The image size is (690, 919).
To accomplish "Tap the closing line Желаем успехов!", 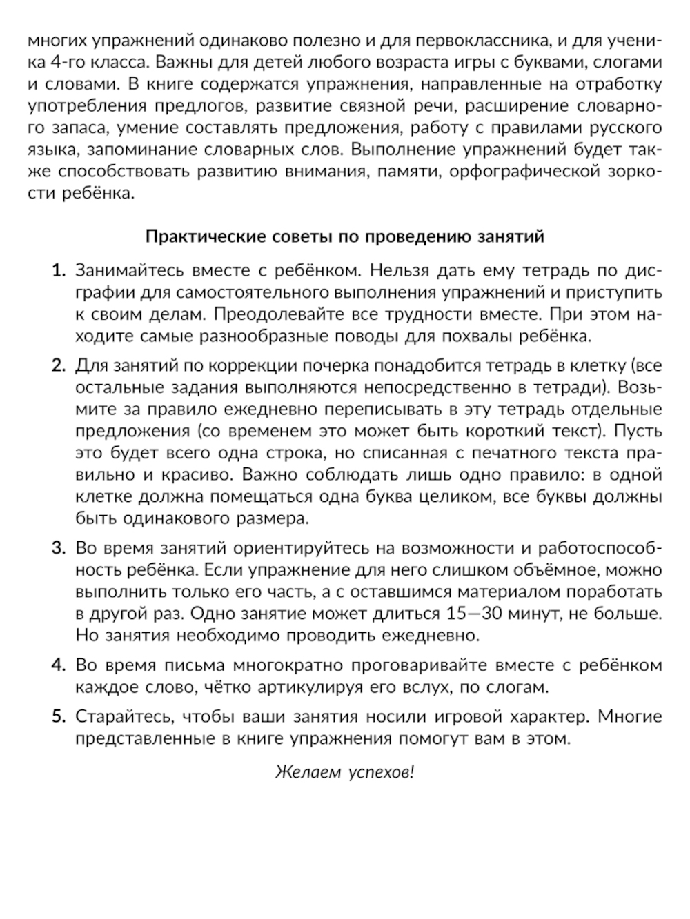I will coord(344,772).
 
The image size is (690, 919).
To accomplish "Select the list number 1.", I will coord(58,270).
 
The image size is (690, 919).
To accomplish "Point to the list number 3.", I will coord(58,548).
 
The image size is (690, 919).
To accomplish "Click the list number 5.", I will coord(58,716).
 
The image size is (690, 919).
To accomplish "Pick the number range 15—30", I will coord(474,613).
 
